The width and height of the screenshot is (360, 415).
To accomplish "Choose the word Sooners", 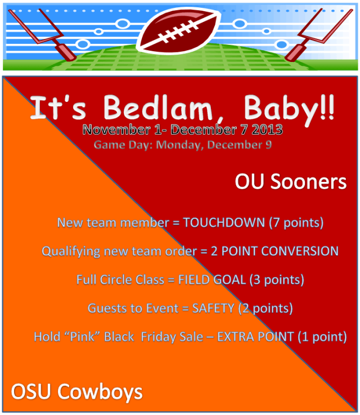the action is pos(308,181).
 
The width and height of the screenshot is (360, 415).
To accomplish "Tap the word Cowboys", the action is pos(100,392).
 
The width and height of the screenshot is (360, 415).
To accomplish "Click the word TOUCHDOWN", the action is pos(224,222).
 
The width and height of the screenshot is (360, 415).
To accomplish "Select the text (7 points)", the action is pos(296,223).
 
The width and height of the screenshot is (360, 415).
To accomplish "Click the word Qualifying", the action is pos(70,252).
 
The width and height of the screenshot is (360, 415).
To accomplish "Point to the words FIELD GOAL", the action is pos(212,280).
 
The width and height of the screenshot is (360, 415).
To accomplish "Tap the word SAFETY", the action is pos(213,309).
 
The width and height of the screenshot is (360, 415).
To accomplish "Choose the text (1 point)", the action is pos(322,337).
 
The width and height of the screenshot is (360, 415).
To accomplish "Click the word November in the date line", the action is pos(116,130).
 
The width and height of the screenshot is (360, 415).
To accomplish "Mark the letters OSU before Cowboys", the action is pos(31,391).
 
